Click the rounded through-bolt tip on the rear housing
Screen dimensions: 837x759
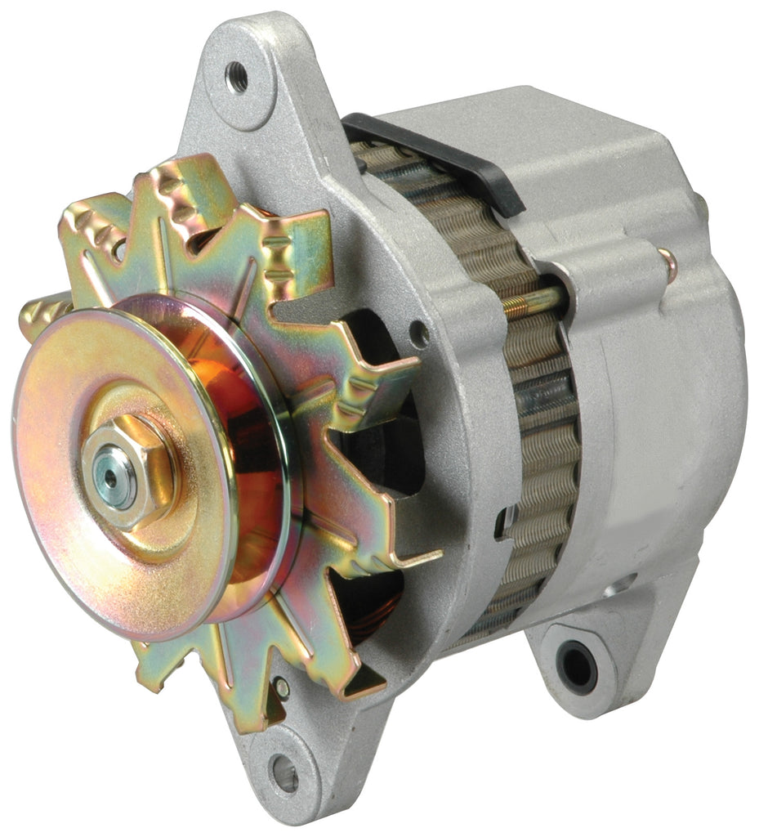(x=668, y=264)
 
